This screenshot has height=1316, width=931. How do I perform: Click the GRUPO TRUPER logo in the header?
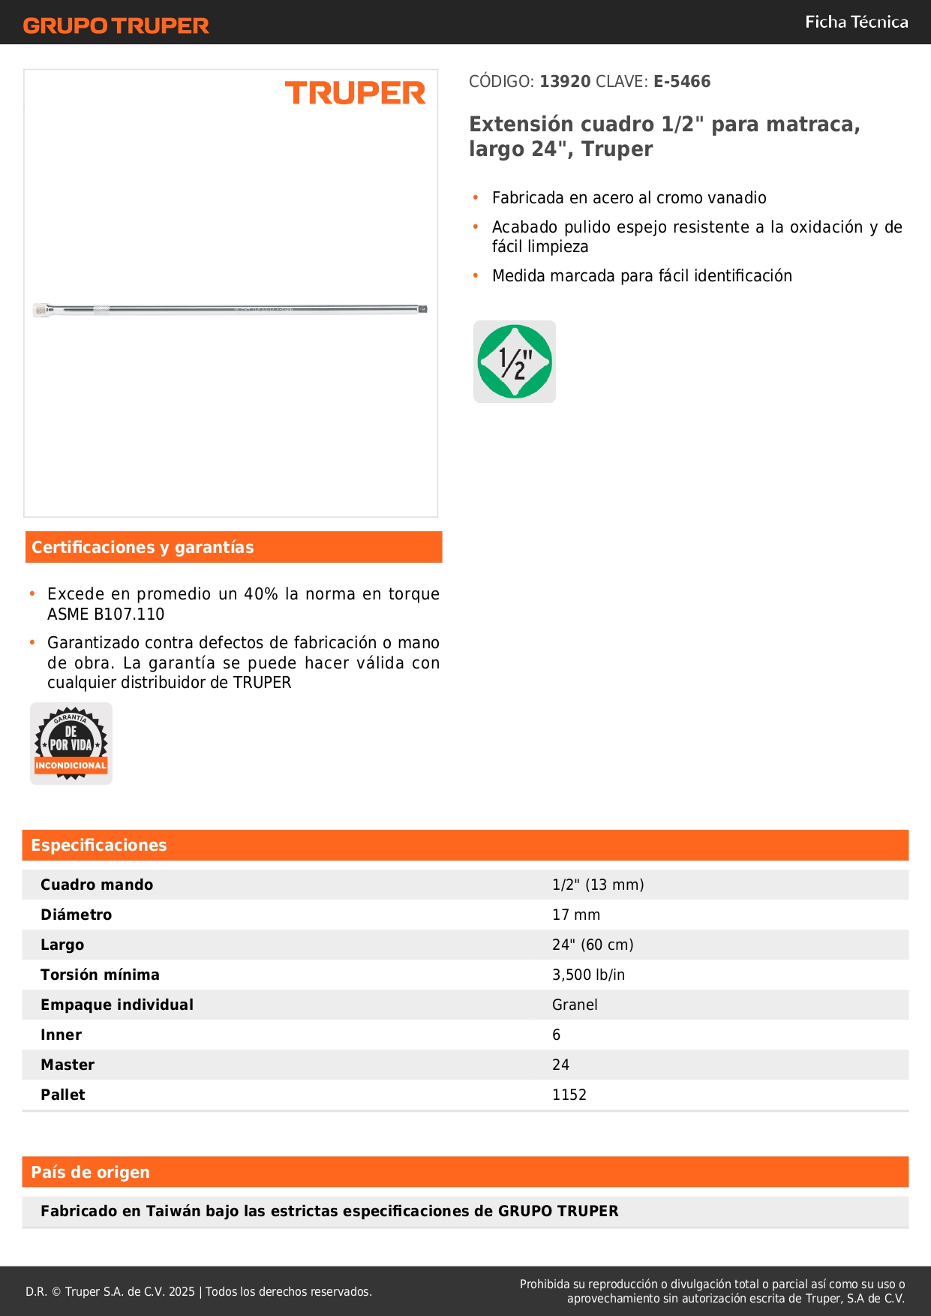116,26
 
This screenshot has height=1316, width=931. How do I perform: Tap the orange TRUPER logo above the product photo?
355,94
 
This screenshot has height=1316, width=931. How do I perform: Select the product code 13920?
565,82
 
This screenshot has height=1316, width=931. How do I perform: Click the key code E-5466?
681,82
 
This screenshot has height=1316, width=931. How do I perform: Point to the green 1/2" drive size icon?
515,362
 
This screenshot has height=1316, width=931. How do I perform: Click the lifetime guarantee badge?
71,744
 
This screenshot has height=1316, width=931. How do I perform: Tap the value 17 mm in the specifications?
576,915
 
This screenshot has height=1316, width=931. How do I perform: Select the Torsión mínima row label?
100,975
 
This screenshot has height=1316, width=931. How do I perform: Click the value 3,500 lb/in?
588,975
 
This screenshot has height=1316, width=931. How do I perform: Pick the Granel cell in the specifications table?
575,1005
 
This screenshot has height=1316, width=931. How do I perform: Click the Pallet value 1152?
569,1095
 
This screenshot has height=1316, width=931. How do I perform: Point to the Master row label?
68,1065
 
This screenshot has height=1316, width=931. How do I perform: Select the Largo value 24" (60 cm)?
593,945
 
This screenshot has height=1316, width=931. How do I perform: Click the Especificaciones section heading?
99,846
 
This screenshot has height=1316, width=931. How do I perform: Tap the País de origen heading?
90,1173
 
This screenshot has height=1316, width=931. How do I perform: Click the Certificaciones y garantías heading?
143,548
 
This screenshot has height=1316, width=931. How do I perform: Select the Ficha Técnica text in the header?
856,23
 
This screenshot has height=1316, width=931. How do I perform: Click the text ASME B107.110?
106,614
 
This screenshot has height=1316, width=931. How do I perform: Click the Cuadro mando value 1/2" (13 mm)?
598,885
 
